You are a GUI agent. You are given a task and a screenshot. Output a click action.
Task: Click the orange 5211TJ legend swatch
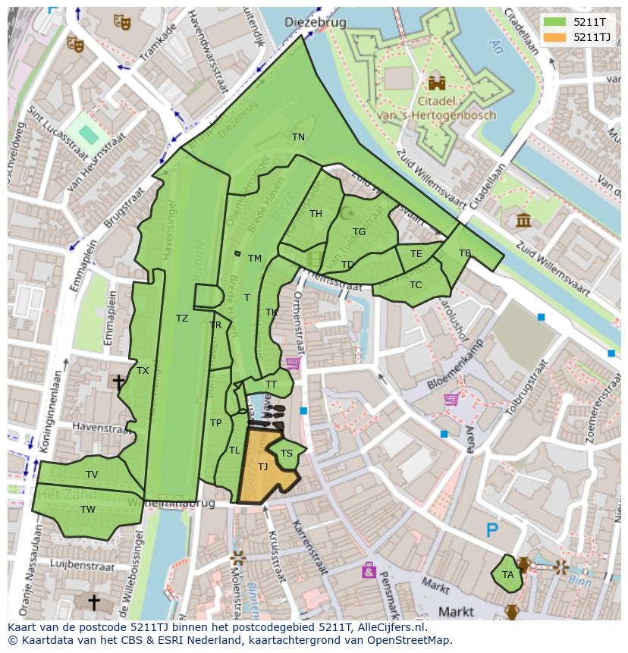pos(554,37)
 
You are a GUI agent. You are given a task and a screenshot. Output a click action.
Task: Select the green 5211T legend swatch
pos(554,22)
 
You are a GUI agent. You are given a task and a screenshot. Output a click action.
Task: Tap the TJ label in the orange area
pos(262,467)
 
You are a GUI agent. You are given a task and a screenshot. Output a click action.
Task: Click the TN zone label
pos(298,137)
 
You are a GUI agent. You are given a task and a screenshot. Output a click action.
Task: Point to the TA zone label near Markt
pos(507,575)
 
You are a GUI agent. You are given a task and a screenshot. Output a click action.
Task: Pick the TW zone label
pos(88,510)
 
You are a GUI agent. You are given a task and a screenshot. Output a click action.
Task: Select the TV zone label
pos(92,475)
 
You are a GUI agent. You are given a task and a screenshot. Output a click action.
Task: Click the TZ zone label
pos(181,319)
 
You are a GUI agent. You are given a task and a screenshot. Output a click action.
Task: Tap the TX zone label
pos(143,371)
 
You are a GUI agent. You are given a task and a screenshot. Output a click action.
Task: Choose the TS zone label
pos(286,454)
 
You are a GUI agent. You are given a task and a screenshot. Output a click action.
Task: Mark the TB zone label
pos(464,253)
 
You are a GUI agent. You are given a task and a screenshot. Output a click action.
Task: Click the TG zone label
pos(359,232)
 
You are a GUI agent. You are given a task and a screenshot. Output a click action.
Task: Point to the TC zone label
pos(415,285)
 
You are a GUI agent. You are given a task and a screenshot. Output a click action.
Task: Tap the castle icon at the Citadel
pos(436,83)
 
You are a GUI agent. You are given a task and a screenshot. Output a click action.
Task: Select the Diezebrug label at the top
pos(315,23)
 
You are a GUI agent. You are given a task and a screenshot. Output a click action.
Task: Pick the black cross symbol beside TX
pos(118,381)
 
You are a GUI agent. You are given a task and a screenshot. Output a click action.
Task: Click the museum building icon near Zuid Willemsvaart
pos(523,220)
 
